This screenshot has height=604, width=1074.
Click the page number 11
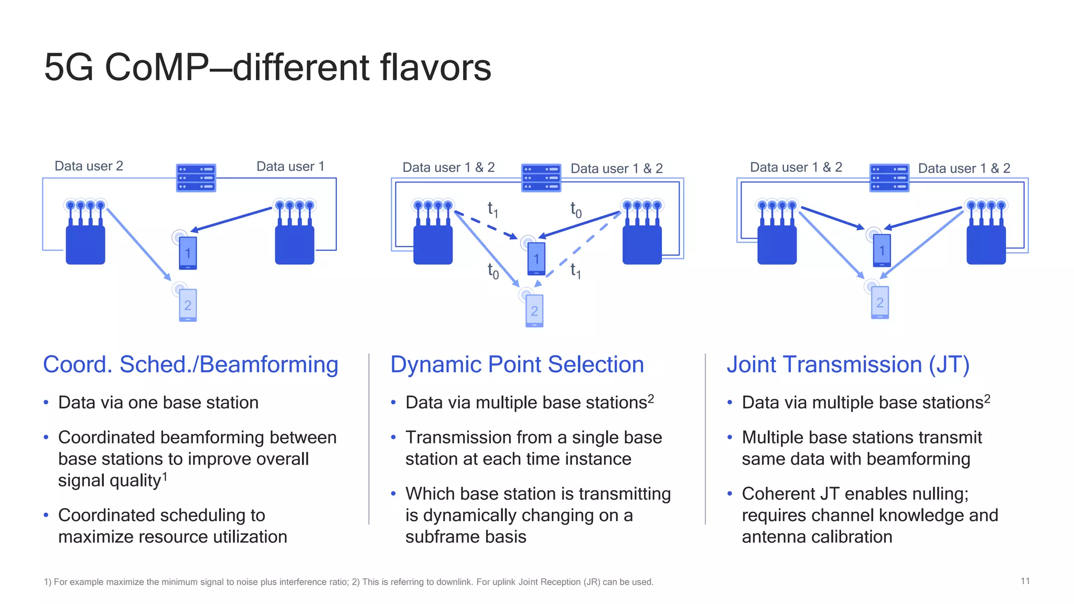(1025, 581)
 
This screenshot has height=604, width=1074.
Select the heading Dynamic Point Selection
(517, 364)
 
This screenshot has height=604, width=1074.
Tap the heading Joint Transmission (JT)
(847, 364)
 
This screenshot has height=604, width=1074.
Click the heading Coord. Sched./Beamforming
(190, 364)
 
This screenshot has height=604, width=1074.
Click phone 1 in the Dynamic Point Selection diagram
(536, 258)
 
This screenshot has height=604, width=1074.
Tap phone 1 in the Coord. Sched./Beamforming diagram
(188, 253)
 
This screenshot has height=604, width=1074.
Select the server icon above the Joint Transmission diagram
(889, 178)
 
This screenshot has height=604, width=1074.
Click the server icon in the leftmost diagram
(196, 178)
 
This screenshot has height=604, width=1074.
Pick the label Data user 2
(89, 166)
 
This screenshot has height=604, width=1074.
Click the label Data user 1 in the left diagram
(290, 167)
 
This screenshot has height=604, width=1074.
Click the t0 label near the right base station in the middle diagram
(576, 210)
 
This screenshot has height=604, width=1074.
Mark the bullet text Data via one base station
(158, 403)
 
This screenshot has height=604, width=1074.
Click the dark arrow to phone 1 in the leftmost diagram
(231, 219)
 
